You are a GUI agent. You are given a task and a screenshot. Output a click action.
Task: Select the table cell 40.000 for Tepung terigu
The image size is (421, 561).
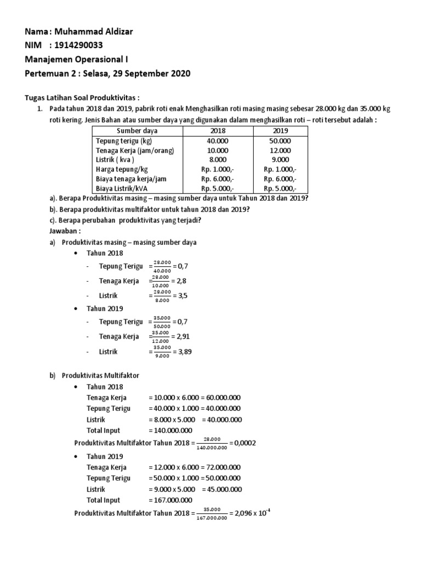[x=217, y=141]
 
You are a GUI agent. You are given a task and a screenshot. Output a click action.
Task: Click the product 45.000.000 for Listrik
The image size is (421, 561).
[x=223, y=489]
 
